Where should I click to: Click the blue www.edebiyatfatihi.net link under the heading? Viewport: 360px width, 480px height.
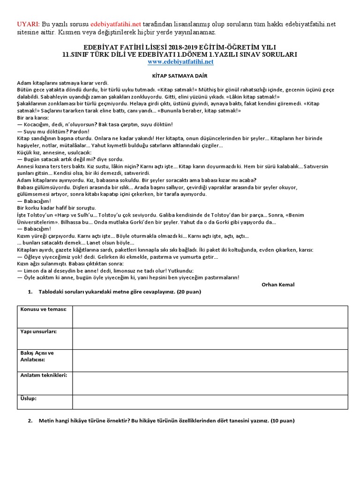(x=180, y=62)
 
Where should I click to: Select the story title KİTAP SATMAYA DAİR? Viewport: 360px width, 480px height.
(x=180, y=75)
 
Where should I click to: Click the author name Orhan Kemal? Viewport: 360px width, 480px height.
(x=278, y=285)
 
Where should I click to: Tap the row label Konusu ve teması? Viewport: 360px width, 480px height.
(x=43, y=309)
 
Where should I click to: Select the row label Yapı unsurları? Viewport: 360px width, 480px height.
(x=38, y=331)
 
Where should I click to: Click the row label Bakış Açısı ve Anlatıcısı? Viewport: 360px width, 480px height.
(x=37, y=356)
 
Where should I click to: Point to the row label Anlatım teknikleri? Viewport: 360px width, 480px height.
(x=44, y=375)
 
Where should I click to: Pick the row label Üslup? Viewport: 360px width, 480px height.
(x=29, y=398)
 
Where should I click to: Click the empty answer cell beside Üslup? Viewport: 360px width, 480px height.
(x=210, y=402)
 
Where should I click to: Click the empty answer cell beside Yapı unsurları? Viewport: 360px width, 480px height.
(x=210, y=338)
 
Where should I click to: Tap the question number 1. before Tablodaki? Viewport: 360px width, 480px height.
(x=30, y=292)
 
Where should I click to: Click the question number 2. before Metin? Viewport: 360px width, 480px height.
(x=30, y=420)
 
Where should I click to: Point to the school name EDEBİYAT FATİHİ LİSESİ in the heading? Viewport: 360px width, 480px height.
(x=121, y=48)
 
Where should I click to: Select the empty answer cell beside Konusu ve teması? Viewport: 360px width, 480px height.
(x=210, y=316)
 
